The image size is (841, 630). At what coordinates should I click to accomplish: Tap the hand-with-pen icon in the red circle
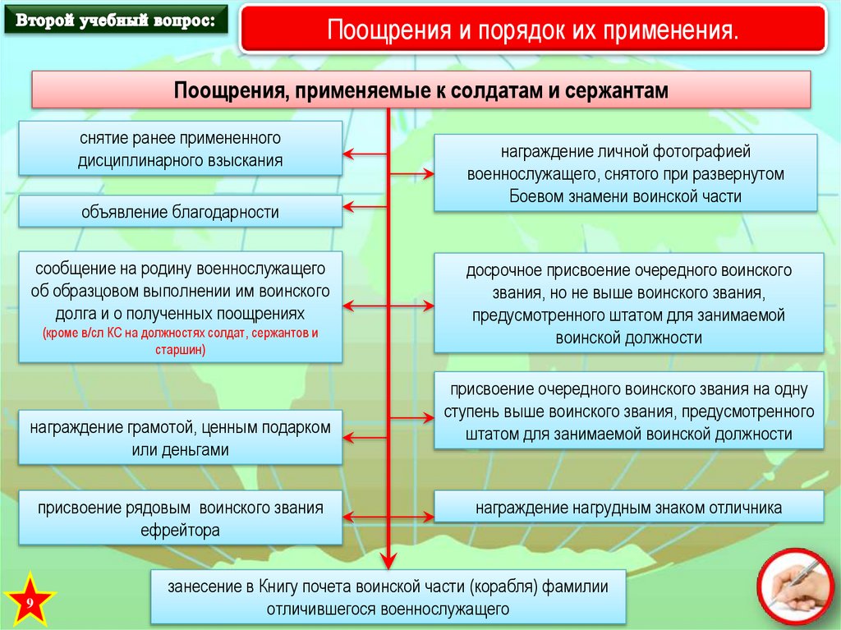[x=793, y=586]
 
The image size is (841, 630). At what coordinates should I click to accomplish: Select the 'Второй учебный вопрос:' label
[x=113, y=21]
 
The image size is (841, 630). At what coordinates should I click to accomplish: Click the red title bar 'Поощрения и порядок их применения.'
[x=533, y=31]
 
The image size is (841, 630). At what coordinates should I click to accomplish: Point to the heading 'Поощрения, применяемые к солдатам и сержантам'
[x=420, y=90]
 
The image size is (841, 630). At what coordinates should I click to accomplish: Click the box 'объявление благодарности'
[x=180, y=212]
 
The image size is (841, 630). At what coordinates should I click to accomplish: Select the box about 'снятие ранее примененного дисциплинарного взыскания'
[x=180, y=149]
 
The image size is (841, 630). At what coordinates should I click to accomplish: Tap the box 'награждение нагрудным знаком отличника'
[x=628, y=508]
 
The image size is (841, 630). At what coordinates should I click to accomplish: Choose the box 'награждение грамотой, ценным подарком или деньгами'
[x=180, y=439]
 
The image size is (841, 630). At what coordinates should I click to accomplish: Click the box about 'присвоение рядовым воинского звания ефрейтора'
[x=180, y=518]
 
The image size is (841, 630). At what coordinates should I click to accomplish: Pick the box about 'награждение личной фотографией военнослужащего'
[x=625, y=174]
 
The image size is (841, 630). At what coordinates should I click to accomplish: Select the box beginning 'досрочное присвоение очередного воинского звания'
[x=628, y=303]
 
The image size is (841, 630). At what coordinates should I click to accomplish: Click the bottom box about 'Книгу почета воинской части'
[x=388, y=597]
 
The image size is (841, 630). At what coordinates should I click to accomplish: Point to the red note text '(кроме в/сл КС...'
[x=180, y=342]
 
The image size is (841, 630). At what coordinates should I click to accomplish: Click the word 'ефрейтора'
[x=181, y=531]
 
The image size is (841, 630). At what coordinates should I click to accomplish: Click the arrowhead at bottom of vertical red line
[x=387, y=562]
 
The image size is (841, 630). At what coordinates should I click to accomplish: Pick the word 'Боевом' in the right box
[x=533, y=196]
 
